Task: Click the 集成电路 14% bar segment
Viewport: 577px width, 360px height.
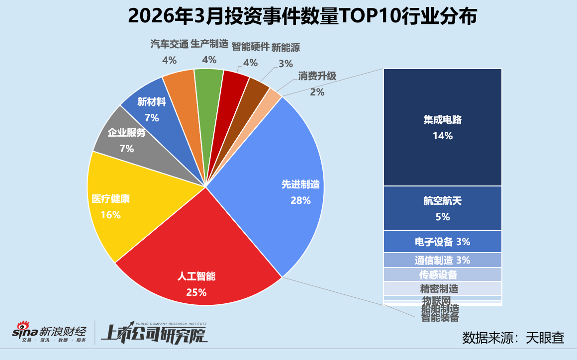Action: click(442, 127)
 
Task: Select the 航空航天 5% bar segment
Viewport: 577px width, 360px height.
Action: click(442, 208)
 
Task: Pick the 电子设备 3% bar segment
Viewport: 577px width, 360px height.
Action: click(442, 242)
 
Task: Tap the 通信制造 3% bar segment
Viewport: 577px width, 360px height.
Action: click(442, 260)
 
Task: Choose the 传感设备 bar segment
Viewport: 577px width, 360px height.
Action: click(442, 274)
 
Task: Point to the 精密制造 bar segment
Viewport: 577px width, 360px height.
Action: click(442, 288)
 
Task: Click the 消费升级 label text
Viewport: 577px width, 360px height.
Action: click(317, 76)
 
